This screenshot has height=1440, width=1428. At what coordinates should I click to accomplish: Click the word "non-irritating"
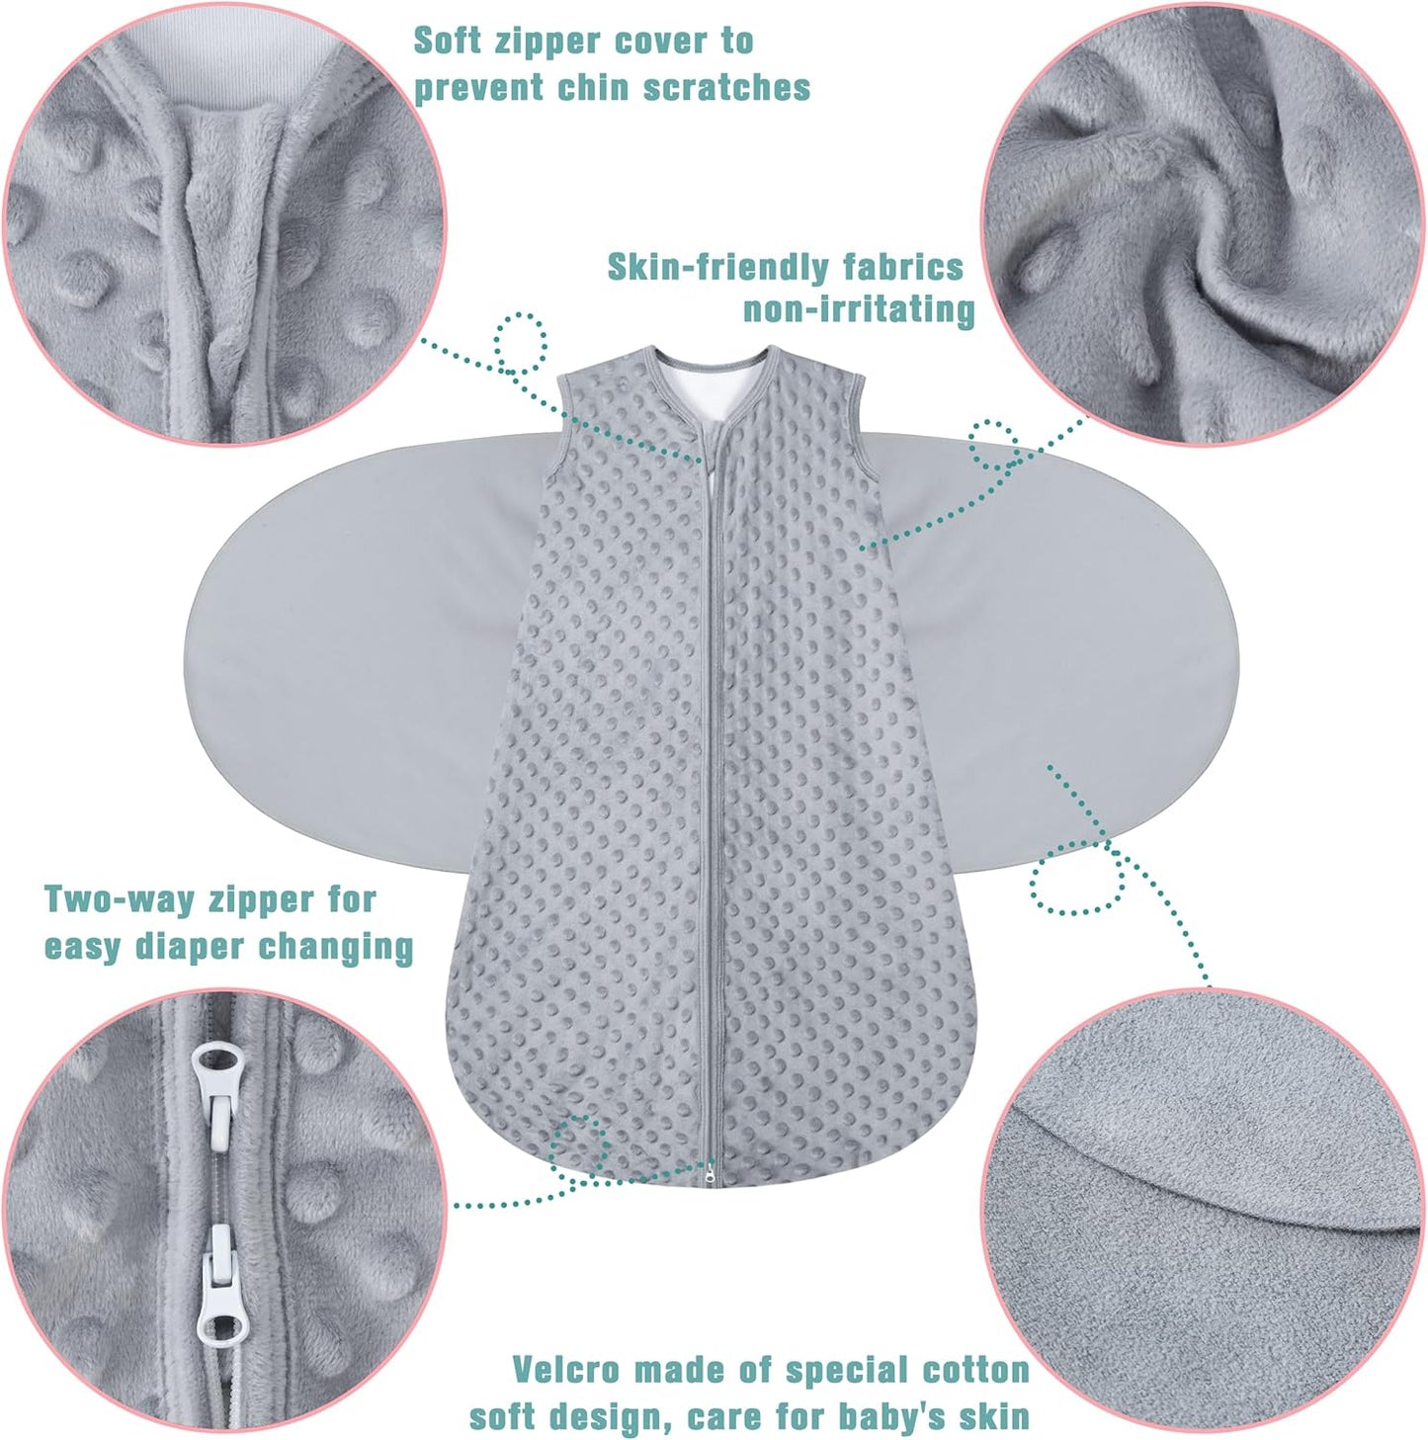[x=859, y=309]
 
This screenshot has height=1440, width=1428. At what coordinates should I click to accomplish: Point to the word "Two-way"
[x=121, y=899]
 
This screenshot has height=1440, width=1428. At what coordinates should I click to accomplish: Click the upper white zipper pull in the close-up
[x=217, y=1087]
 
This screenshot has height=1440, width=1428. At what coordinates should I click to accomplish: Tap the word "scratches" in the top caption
[x=726, y=87]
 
